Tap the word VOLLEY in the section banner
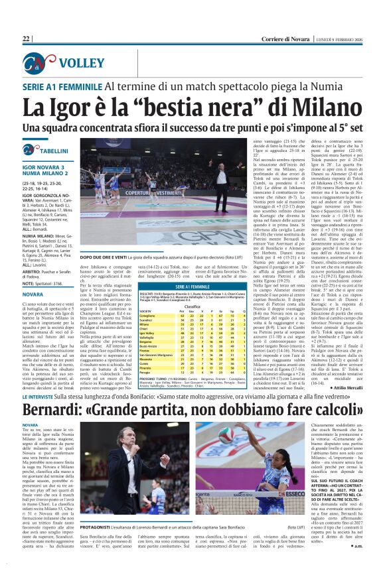tap(78, 64)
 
